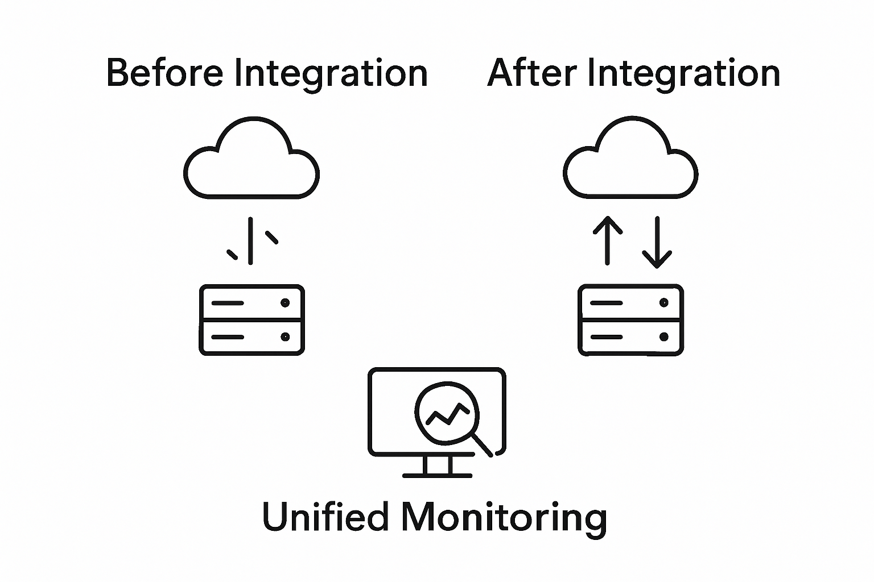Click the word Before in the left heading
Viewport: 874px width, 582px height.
(x=164, y=73)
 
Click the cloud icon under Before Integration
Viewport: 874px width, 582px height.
(x=251, y=160)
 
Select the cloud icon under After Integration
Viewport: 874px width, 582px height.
(x=630, y=160)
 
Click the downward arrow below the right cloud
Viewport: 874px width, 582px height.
(x=657, y=242)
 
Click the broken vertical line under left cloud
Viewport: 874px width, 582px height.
(x=250, y=240)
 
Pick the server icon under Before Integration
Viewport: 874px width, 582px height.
(x=251, y=320)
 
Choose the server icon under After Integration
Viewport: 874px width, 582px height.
(x=630, y=320)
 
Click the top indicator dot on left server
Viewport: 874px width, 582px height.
(x=285, y=304)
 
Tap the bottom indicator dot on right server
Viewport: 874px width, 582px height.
(x=663, y=336)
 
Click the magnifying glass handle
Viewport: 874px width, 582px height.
(x=483, y=446)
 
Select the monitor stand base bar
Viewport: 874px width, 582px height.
(x=437, y=475)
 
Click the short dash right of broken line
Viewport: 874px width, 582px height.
(x=272, y=237)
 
